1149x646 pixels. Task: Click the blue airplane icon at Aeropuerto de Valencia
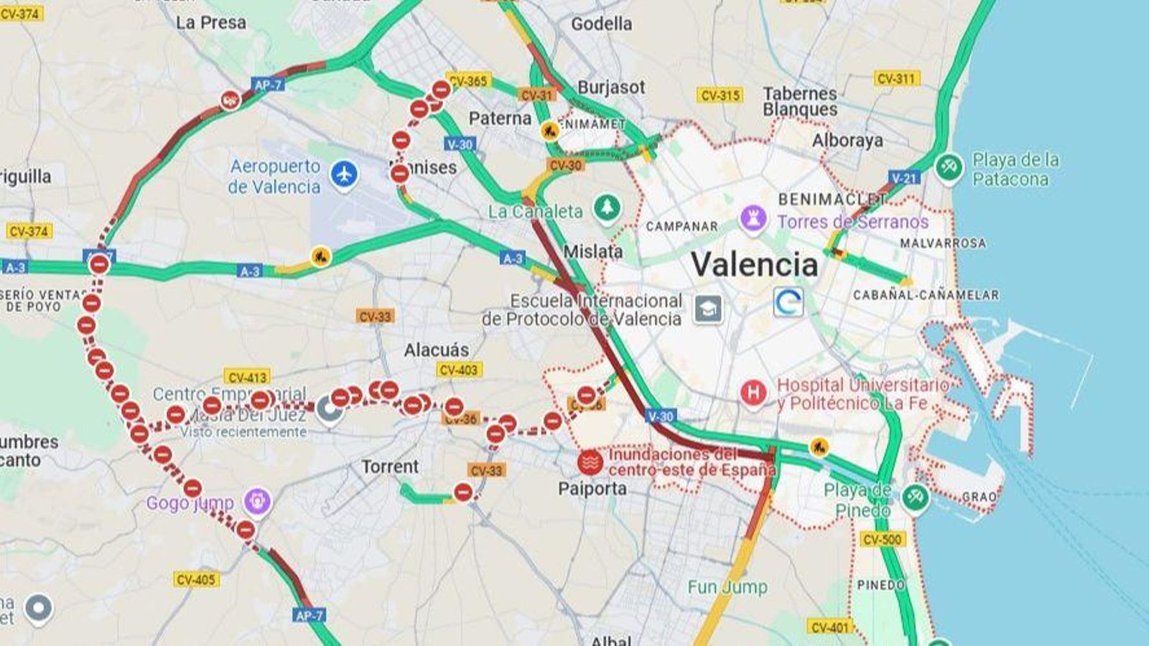tap(345, 174)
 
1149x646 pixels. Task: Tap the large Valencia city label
tap(754, 264)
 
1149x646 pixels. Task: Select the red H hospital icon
tap(753, 393)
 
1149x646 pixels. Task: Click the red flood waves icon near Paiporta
tap(590, 463)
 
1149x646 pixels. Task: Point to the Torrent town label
tap(390, 467)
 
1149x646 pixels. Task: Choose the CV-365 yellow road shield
tap(468, 81)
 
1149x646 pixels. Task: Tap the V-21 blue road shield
tap(903, 177)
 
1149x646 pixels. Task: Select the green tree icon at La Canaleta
tap(608, 208)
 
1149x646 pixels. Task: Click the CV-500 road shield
tap(883, 539)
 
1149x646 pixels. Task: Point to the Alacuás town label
tap(436, 350)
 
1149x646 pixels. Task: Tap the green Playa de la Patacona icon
tap(949, 168)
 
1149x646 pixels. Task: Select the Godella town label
tap(602, 24)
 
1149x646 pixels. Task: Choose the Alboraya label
tap(847, 141)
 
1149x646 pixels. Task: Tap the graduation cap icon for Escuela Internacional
tap(708, 309)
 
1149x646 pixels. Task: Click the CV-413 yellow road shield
tap(247, 377)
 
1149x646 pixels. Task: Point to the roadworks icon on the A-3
tap(320, 256)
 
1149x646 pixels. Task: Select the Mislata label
tap(592, 251)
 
